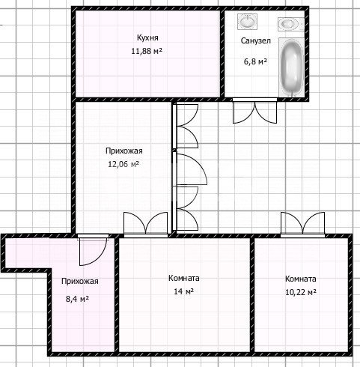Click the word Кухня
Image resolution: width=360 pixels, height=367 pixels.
tap(147, 37)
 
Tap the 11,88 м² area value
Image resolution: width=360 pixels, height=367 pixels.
tap(147, 51)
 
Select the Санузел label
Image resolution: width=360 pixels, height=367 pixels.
tap(255, 40)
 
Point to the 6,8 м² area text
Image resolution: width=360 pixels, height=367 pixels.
tap(255, 61)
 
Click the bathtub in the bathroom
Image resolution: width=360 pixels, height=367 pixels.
tap(291, 67)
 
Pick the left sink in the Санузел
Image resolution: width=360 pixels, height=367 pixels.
tap(247, 21)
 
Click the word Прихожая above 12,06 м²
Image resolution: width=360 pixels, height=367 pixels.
tap(124, 151)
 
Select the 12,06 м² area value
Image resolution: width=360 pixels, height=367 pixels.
tap(123, 164)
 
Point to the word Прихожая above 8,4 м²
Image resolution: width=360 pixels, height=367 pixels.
tap(80, 282)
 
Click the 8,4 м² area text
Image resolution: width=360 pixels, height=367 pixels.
tap(77, 299)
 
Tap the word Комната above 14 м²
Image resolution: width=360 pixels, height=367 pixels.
tap(184, 278)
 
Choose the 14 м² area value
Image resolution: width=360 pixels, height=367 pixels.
tap(184, 291)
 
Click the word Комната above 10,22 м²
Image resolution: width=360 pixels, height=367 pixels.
tap(301, 279)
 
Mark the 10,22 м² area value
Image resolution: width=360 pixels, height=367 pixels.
tap(301, 292)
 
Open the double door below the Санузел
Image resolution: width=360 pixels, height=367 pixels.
tap(254, 111)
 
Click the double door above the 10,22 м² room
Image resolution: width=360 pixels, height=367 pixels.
tap(302, 224)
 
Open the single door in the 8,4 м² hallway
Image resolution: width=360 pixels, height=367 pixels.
tap(93, 249)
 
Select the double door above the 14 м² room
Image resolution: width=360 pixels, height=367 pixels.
tap(146, 224)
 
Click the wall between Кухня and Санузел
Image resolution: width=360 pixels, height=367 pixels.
tap(222, 54)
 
